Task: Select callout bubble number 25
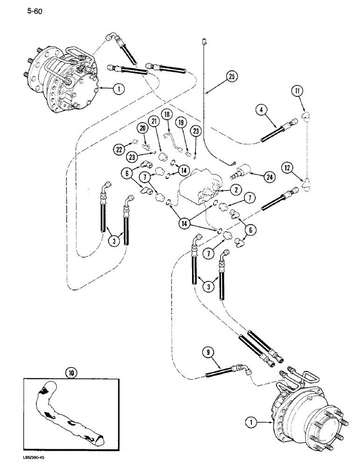tap(230, 75)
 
